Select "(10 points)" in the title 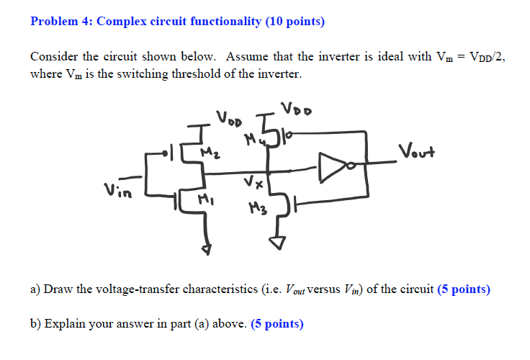coord(295,22)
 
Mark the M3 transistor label coord(256,209)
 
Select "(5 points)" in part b coord(277,324)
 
